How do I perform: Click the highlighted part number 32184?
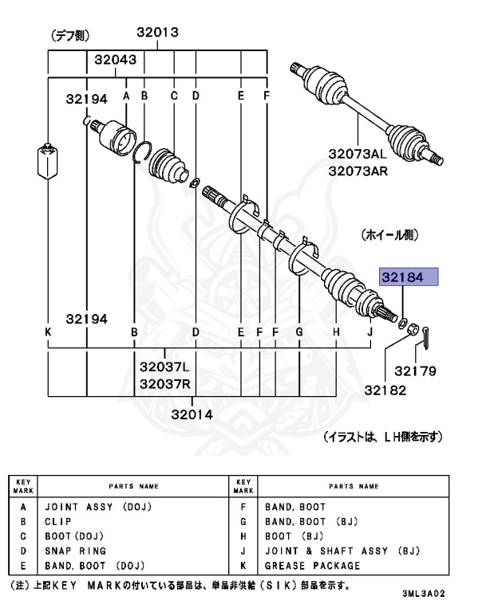(409, 277)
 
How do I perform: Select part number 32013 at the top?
(156, 33)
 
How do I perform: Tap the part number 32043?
(115, 59)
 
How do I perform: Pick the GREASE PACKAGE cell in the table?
(312, 566)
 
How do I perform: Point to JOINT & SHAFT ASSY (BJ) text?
(342, 551)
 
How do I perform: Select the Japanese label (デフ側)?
(70, 36)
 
